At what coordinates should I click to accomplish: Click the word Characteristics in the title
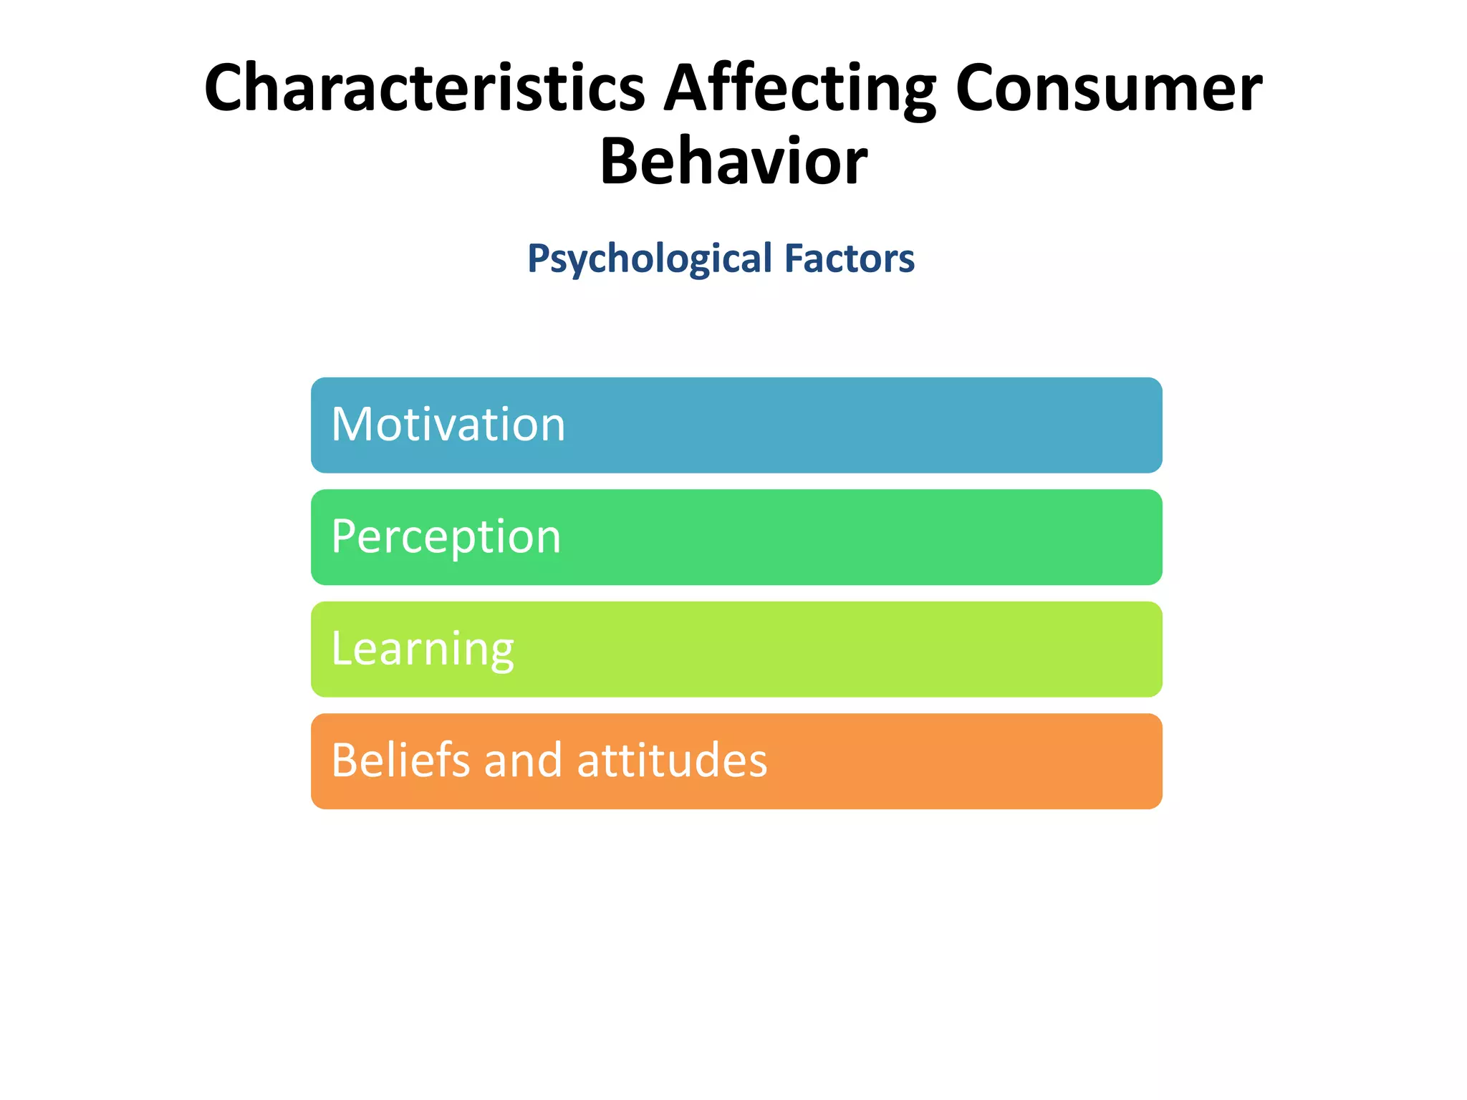pyautogui.click(x=424, y=88)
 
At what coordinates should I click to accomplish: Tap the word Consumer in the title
pyautogui.click(x=1108, y=88)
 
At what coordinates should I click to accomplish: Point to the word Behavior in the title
pyautogui.click(x=733, y=162)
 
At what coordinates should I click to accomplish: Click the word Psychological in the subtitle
pyautogui.click(x=650, y=259)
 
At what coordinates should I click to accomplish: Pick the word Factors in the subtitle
pyautogui.click(x=850, y=258)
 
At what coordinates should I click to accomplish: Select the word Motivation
pyautogui.click(x=448, y=424)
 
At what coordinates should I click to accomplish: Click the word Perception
pyautogui.click(x=446, y=537)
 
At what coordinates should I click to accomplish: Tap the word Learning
pyautogui.click(x=423, y=649)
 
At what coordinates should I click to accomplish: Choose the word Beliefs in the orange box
pyautogui.click(x=400, y=760)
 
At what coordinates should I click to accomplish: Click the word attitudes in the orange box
pyautogui.click(x=672, y=760)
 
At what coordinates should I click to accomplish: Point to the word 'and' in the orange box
pyautogui.click(x=524, y=760)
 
